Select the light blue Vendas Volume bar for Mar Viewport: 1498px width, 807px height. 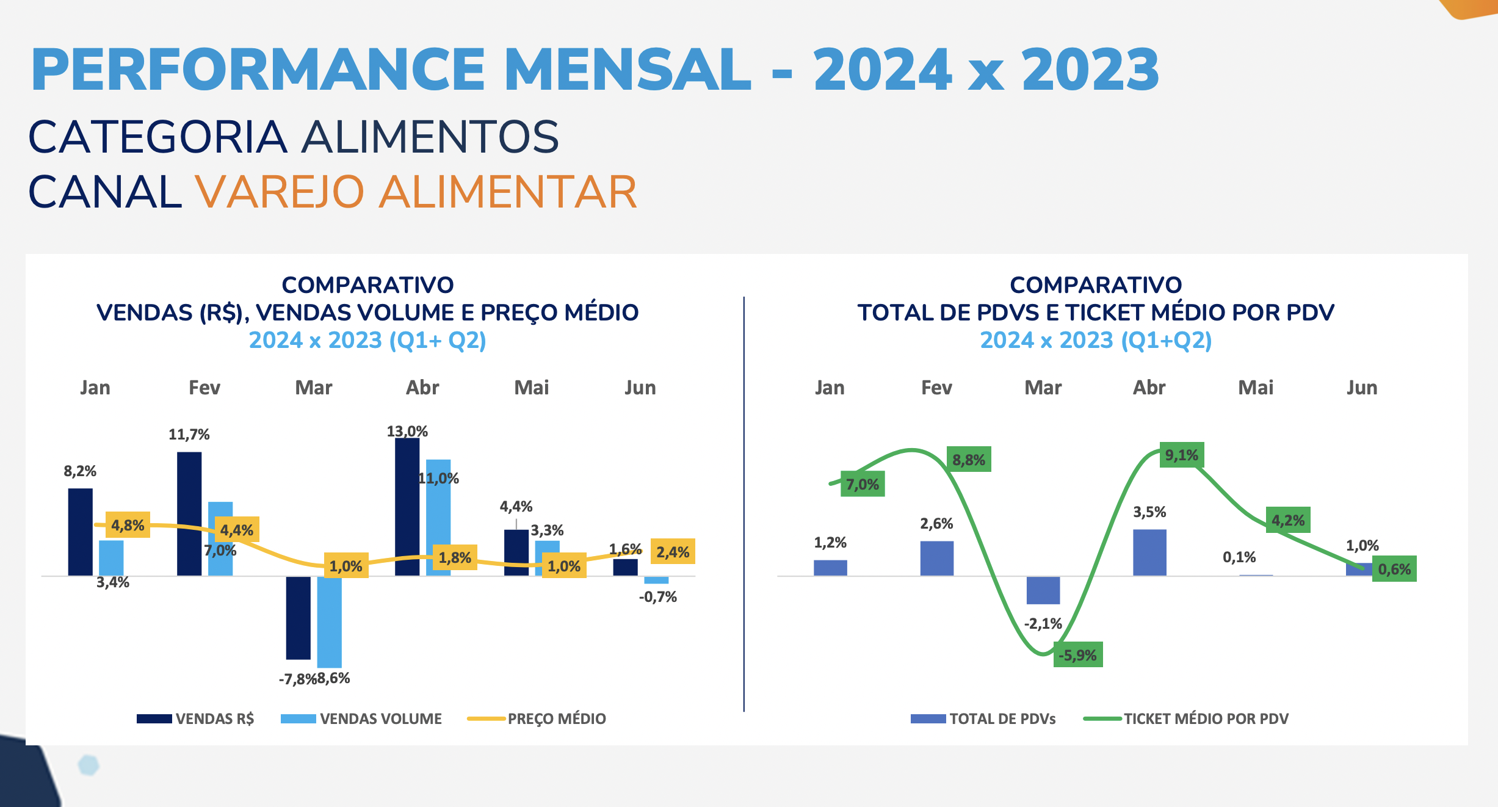[329, 621]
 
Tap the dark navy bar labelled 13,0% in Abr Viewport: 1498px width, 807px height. [407, 507]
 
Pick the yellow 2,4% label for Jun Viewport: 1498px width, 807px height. [673, 552]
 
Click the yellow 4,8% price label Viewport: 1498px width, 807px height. [128, 525]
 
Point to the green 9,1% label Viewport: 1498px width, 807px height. [1182, 455]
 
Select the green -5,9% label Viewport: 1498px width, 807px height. [1078, 655]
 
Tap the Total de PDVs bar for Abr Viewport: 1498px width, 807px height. [1149, 552]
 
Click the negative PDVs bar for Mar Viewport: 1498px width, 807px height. [1043, 590]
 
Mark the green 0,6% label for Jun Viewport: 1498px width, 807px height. [1394, 569]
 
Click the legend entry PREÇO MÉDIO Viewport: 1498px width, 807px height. [556, 718]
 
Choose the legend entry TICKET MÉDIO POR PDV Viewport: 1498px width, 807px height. [1206, 718]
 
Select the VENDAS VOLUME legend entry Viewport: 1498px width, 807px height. [380, 718]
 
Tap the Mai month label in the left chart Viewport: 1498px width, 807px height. [532, 388]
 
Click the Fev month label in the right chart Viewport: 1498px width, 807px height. [936, 388]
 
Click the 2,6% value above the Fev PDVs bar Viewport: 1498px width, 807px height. [936, 523]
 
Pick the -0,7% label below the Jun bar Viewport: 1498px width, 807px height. [658, 597]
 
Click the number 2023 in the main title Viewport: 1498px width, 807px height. [1090, 70]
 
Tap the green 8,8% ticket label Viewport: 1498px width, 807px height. [969, 460]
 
